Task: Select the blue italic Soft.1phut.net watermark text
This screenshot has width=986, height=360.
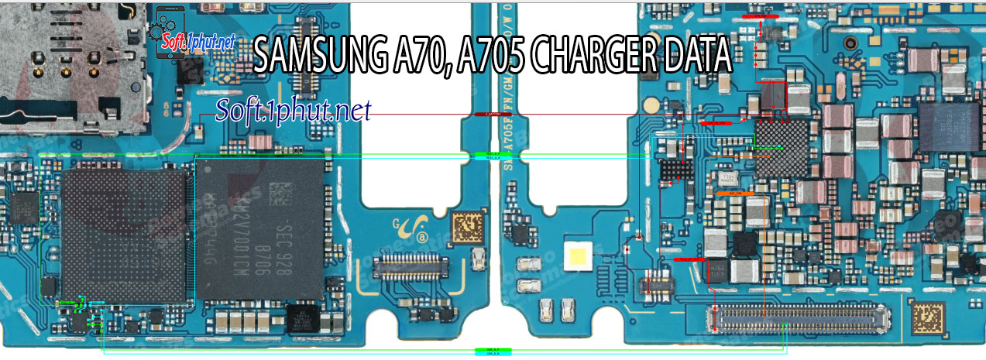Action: click(294, 110)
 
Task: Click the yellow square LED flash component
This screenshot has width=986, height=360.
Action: click(579, 256)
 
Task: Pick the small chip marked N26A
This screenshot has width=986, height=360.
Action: click(718, 271)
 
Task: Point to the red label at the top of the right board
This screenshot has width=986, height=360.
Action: click(760, 15)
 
